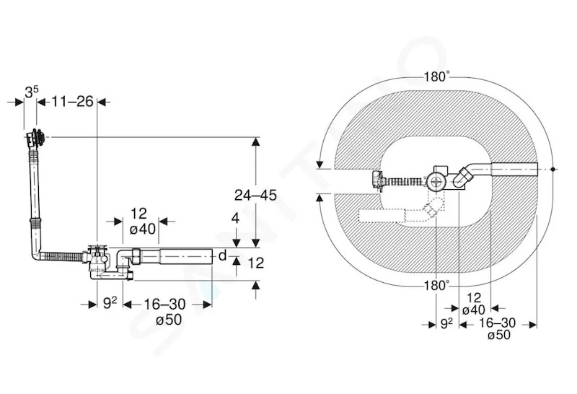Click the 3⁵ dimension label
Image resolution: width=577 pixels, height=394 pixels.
click(31, 92)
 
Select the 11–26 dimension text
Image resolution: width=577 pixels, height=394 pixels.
click(73, 101)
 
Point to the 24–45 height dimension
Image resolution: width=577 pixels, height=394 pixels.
click(255, 195)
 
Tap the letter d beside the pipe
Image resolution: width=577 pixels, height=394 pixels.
click(222, 255)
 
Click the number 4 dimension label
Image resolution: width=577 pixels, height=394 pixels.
click(236, 219)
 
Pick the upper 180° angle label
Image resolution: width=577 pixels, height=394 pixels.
click(437, 76)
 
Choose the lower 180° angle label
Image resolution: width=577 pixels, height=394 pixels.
click(437, 285)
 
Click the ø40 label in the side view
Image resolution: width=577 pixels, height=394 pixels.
click(143, 229)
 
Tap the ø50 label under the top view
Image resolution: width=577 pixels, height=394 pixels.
click(499, 335)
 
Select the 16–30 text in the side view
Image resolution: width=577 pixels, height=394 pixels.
click(164, 305)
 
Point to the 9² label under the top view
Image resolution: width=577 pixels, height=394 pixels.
click(446, 324)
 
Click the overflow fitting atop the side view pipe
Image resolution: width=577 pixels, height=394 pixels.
click(35, 139)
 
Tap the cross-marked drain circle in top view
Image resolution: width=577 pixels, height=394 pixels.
click(437, 182)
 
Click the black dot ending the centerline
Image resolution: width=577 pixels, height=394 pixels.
click(552, 170)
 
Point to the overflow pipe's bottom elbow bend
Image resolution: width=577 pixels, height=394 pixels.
click(35, 254)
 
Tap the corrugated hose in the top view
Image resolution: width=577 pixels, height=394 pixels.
click(405, 182)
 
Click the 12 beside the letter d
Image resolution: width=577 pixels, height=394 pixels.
click(255, 263)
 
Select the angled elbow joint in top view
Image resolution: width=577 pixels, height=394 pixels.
click(462, 178)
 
